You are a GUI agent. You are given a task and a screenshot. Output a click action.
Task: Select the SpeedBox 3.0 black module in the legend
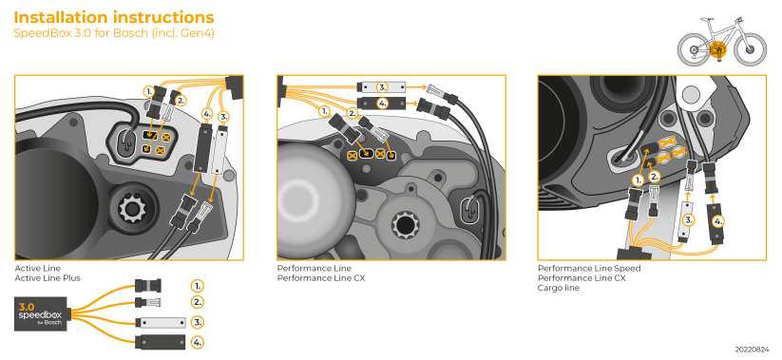coord(39,314)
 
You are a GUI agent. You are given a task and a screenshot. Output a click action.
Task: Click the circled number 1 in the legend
coord(198,285)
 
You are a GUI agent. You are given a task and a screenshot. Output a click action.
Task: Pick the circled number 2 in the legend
coord(198,302)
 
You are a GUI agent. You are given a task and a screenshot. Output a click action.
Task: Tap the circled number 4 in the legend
coord(198,341)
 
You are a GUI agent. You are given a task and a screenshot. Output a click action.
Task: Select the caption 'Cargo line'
coord(559,288)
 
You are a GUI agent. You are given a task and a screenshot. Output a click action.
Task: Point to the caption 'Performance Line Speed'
coord(589,269)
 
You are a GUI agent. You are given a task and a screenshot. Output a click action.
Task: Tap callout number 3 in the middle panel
coord(382,86)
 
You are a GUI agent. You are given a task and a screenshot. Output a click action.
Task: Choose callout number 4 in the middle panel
coord(382,103)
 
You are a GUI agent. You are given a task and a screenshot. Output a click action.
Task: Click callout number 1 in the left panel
coord(149,91)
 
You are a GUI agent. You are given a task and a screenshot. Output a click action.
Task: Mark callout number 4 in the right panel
coord(717,220)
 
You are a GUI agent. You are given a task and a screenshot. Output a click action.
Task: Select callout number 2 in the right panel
coord(654,177)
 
